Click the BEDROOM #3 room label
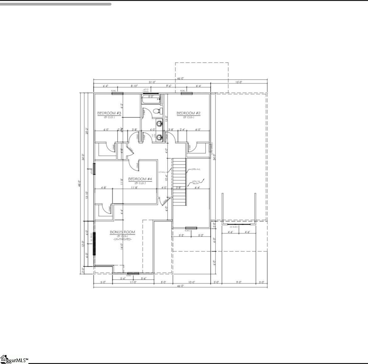pyautogui.click(x=109, y=113)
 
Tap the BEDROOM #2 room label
pyautogui.click(x=188, y=113)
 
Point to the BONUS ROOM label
pyautogui.click(x=123, y=232)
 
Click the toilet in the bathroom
pyautogui.click(x=157, y=111)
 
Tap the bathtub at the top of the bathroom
pyautogui.click(x=151, y=99)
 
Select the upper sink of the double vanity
pyautogui.click(x=159, y=124)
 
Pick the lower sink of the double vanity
pyautogui.click(x=159, y=137)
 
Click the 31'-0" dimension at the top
pyautogui.click(x=152, y=82)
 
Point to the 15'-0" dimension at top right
pyautogui.click(x=239, y=82)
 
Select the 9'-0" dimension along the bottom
pyautogui.click(x=239, y=282)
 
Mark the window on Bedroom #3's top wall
pyautogui.click(x=117, y=93)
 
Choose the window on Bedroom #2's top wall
pyautogui.click(x=186, y=93)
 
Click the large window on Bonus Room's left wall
pyautogui.click(x=94, y=244)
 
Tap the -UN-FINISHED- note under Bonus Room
pyautogui.click(x=122, y=239)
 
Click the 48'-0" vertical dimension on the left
pyautogui.click(x=79, y=183)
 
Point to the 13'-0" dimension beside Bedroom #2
pyautogui.click(x=166, y=119)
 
